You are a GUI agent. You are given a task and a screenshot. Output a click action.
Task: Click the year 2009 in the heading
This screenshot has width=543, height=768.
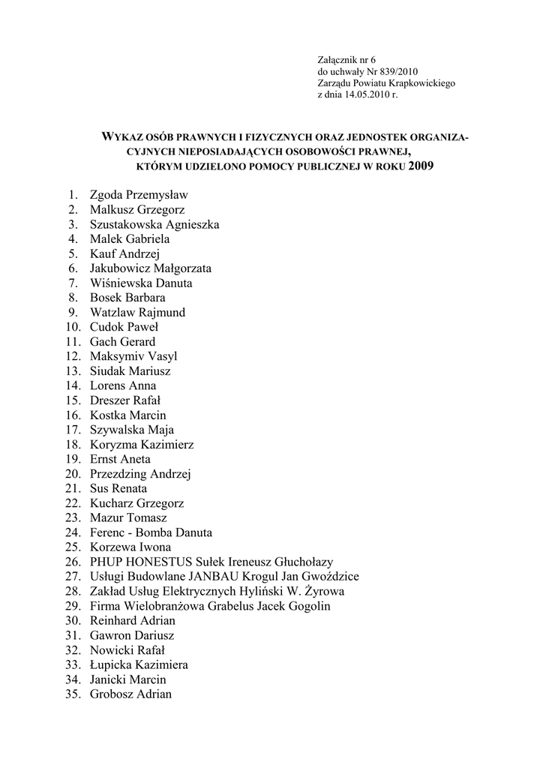click(421, 166)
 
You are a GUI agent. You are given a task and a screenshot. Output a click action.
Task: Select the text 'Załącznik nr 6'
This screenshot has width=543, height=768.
click(346, 60)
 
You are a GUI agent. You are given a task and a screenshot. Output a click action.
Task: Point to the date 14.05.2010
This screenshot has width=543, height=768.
click(369, 96)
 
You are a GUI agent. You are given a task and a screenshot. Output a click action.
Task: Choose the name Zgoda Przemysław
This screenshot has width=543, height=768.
click(139, 195)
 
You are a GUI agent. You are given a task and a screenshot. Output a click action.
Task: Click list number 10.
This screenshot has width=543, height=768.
click(73, 327)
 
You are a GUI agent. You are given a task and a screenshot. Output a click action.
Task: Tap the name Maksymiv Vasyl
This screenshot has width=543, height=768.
click(133, 356)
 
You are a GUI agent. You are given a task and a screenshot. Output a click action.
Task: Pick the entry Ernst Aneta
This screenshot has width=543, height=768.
click(120, 459)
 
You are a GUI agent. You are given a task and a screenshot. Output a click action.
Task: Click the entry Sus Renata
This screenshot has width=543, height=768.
click(118, 488)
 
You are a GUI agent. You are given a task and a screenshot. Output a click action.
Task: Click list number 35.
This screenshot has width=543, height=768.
click(73, 694)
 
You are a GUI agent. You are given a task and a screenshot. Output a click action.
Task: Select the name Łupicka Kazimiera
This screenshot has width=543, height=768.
click(139, 664)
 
